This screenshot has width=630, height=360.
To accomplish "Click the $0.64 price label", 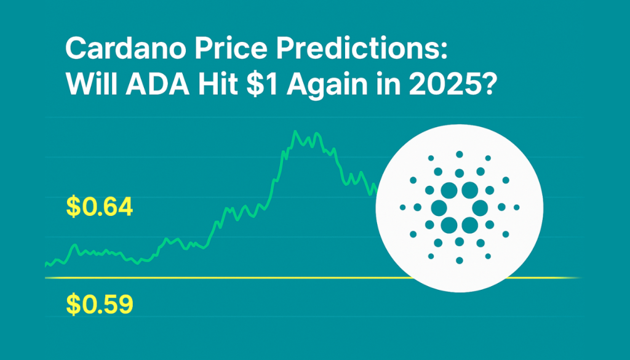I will (99, 207).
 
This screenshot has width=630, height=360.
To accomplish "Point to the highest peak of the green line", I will (296, 131).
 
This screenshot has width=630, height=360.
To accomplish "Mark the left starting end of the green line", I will (46, 264).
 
